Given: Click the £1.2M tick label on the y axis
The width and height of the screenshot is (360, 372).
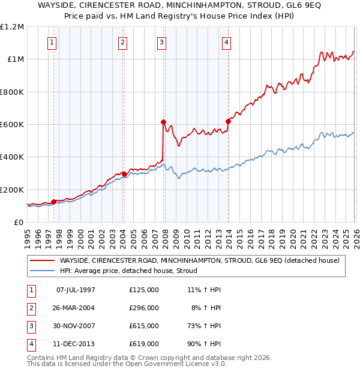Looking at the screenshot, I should (13, 27).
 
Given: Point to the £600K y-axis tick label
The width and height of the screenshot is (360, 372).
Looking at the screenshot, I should (13, 124).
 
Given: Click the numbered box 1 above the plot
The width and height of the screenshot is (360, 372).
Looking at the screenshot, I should (53, 42).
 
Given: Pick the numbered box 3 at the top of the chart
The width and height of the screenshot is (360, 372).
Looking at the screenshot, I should (163, 42).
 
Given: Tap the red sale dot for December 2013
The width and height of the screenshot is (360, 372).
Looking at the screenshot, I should (228, 121).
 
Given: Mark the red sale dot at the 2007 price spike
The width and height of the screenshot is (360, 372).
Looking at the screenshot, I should (163, 122).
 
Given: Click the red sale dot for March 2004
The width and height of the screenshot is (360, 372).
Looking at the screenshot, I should (124, 174).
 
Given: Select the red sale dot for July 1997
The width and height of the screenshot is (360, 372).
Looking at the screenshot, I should (53, 202).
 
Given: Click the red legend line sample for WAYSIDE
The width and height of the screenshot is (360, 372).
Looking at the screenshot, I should (42, 260).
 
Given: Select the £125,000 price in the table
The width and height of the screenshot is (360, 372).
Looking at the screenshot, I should (144, 290).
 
